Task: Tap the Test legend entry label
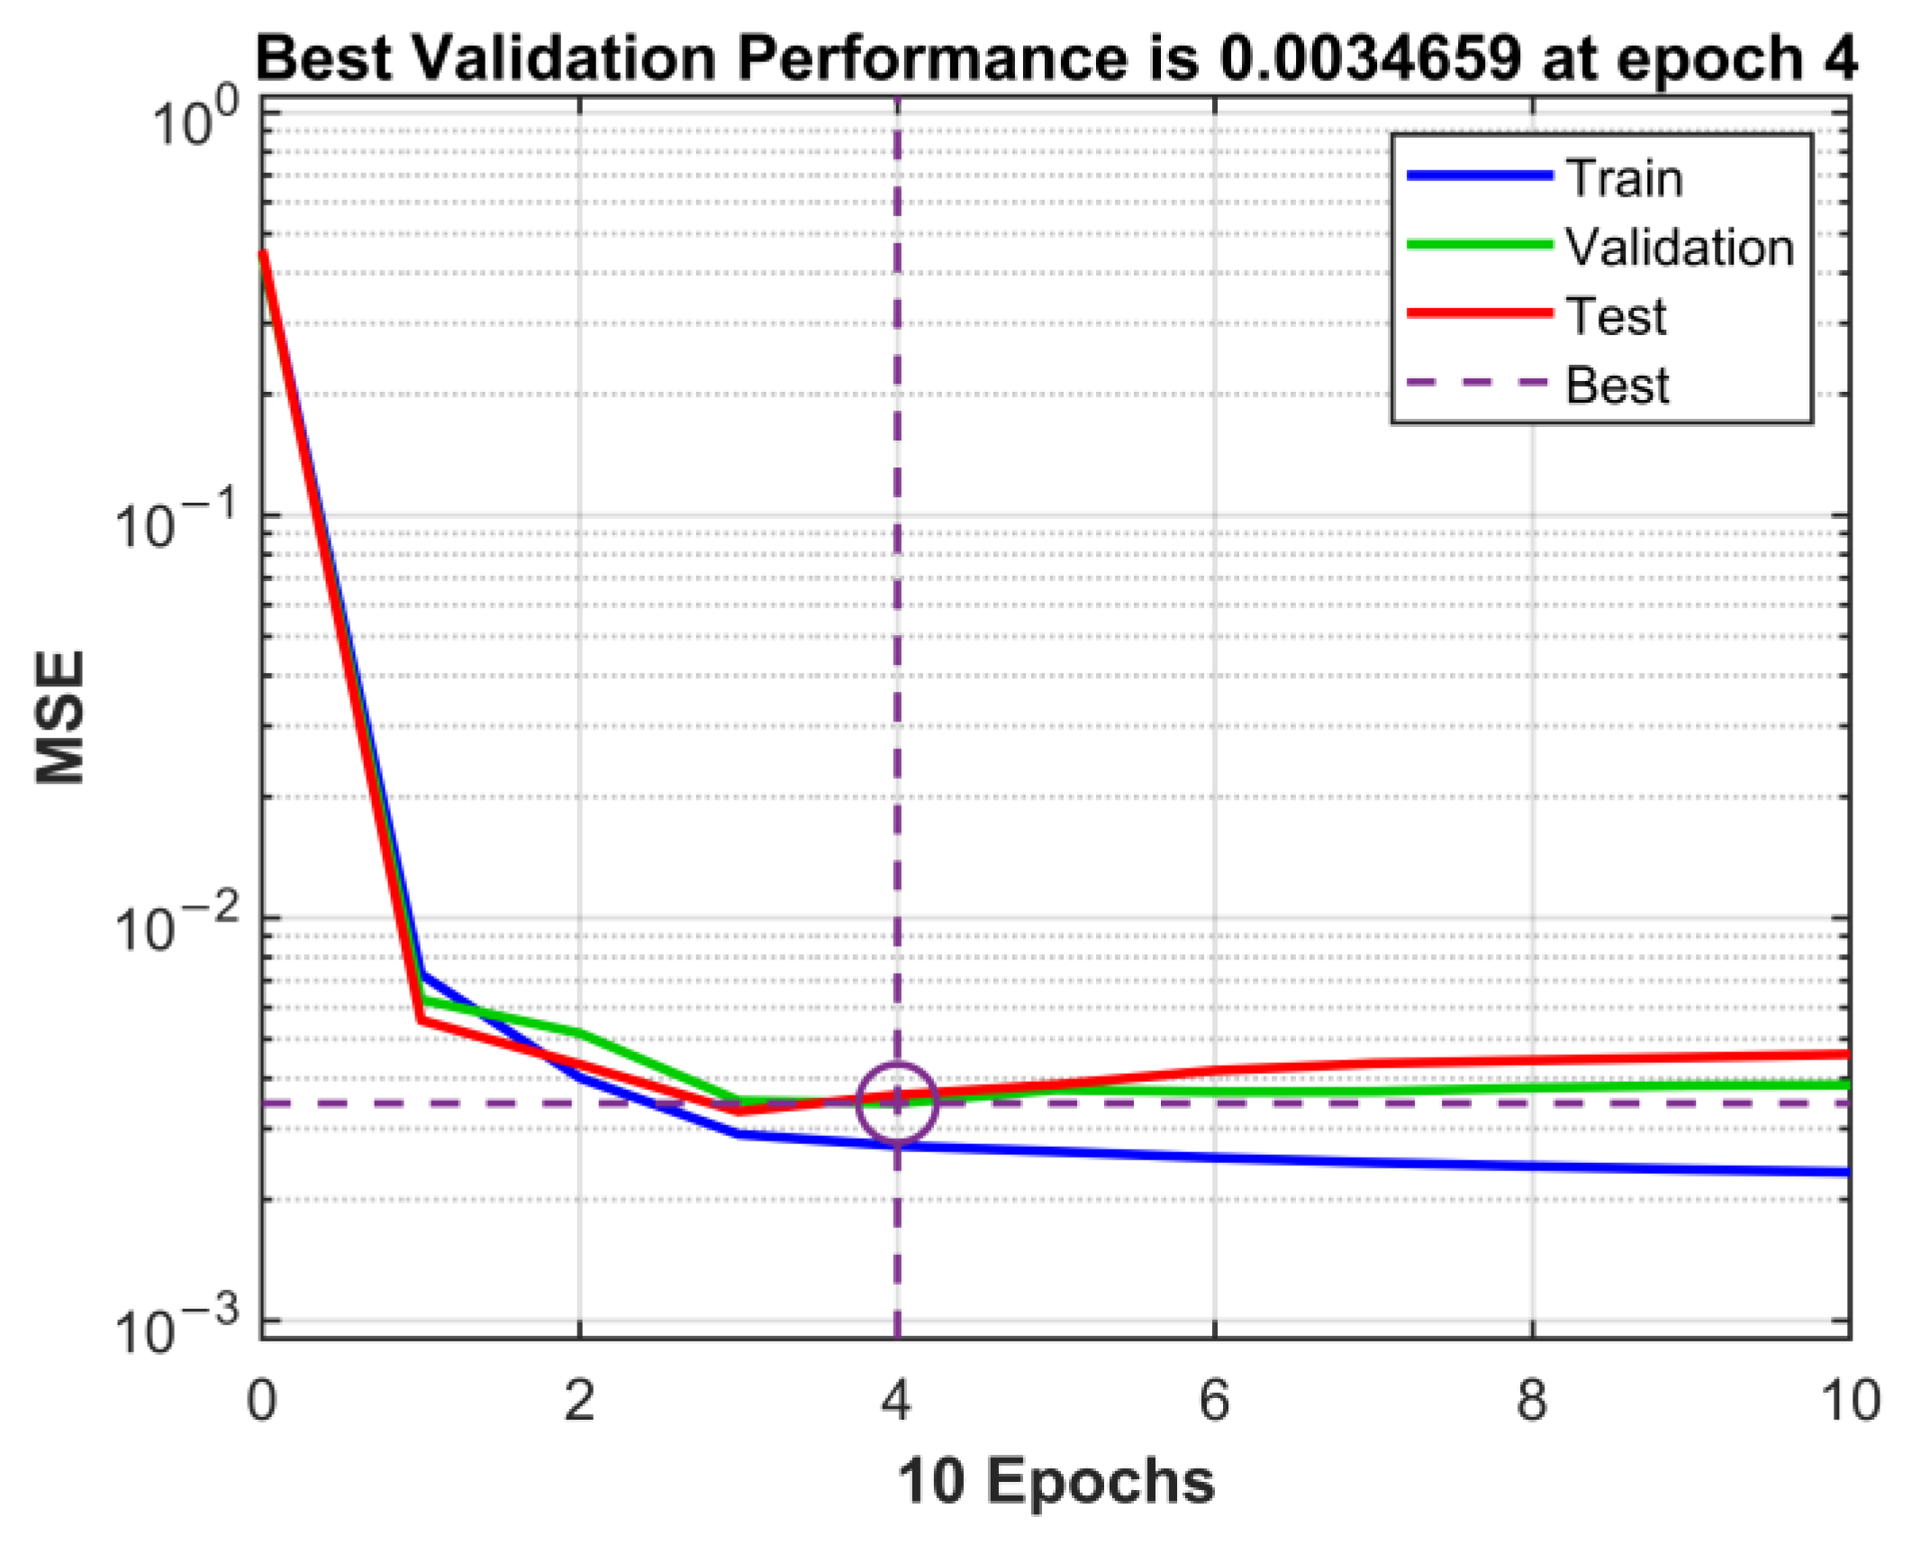pyautogui.click(x=1616, y=316)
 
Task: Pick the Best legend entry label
pyautogui.click(x=1617, y=386)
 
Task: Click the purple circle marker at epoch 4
pyautogui.click(x=897, y=1103)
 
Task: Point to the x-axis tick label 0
pyautogui.click(x=261, y=1401)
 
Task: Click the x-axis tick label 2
pyautogui.click(x=579, y=1401)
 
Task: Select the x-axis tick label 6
pyautogui.click(x=1214, y=1401)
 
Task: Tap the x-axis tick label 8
pyautogui.click(x=1532, y=1401)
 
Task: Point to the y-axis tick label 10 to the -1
pyautogui.click(x=177, y=523)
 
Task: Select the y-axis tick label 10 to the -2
pyautogui.click(x=177, y=925)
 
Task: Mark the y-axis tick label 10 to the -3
pyautogui.click(x=177, y=1328)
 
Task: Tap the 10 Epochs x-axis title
pyautogui.click(x=1056, y=1482)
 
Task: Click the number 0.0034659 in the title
pyautogui.click(x=1369, y=59)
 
